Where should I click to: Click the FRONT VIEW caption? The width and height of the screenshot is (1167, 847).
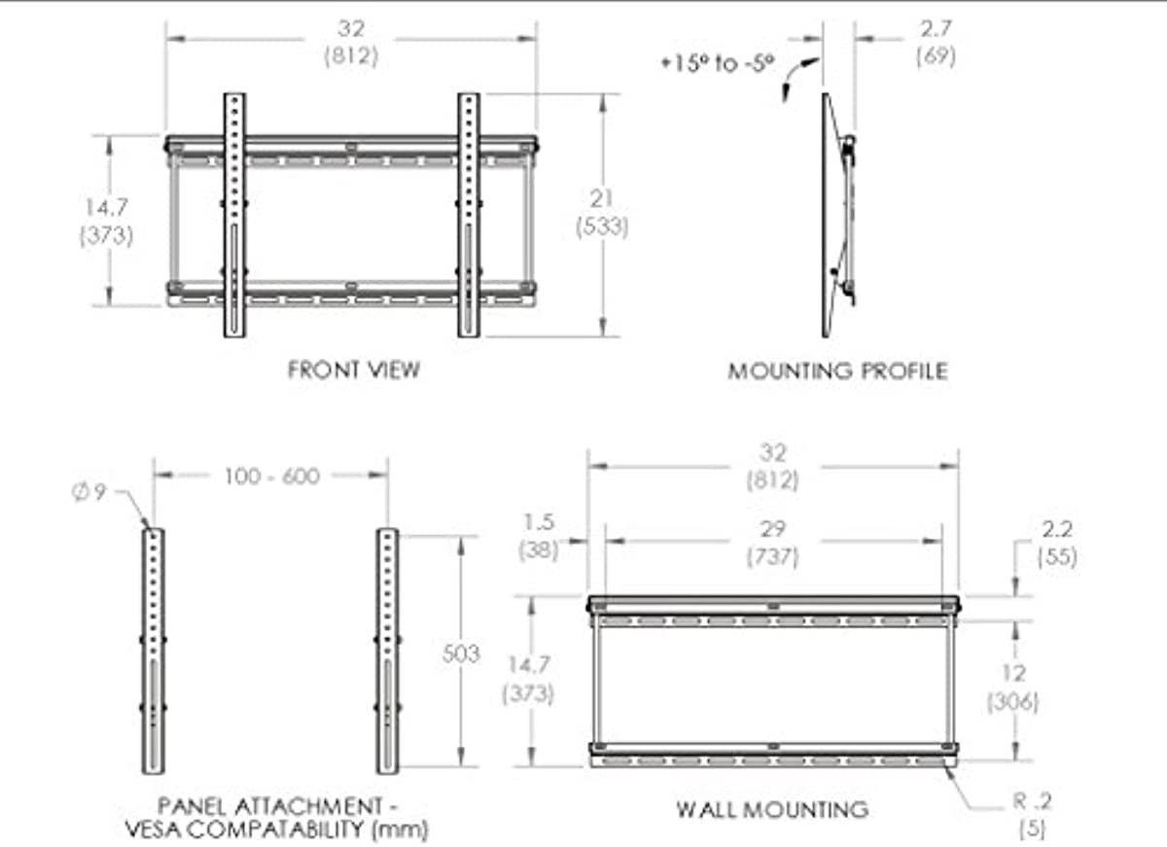pyautogui.click(x=354, y=370)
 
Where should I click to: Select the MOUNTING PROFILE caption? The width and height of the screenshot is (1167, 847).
pyautogui.click(x=837, y=371)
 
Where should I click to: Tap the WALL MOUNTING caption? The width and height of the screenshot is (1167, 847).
pyautogui.click(x=771, y=809)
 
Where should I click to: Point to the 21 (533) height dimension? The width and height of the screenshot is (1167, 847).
pyautogui.click(x=602, y=213)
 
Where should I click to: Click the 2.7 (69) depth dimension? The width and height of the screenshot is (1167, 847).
pyautogui.click(x=936, y=44)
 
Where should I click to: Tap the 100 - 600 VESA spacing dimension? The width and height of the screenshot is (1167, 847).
pyautogui.click(x=269, y=476)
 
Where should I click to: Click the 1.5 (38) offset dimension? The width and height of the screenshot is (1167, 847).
pyautogui.click(x=538, y=537)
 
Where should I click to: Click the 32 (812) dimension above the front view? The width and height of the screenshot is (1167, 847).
pyautogui.click(x=350, y=44)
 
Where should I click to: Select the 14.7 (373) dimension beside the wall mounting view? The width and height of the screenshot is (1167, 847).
pyautogui.click(x=528, y=680)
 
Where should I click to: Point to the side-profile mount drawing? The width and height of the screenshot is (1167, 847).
pyautogui.click(x=838, y=216)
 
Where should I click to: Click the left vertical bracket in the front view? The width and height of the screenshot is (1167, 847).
pyautogui.click(x=236, y=216)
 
